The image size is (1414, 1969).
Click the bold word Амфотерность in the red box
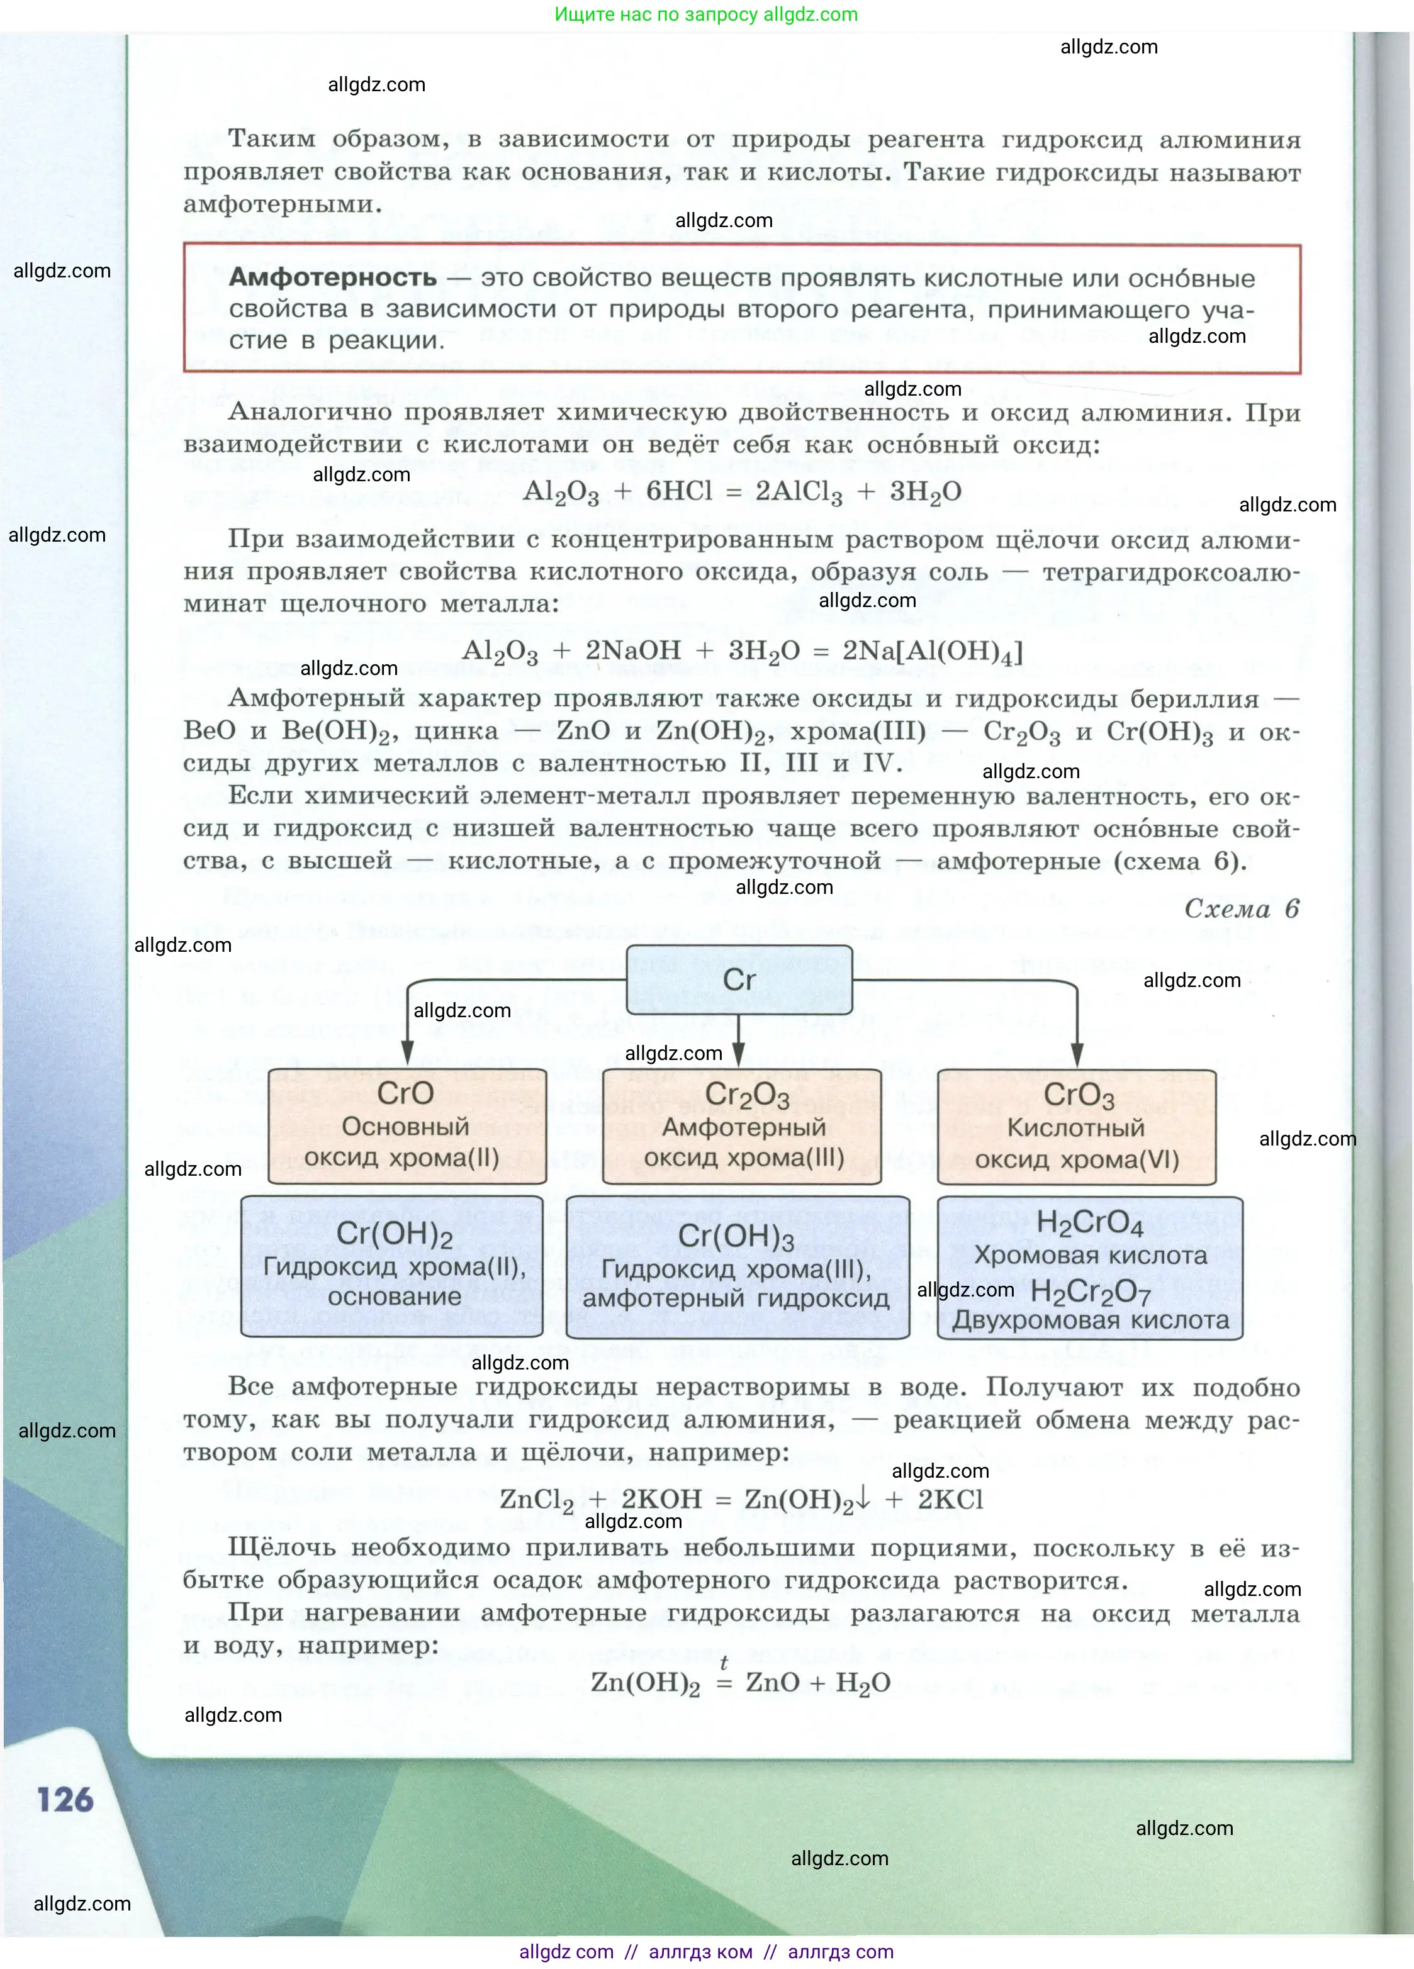(x=333, y=278)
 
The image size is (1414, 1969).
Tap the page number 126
(x=65, y=1799)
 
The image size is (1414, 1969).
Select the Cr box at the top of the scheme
(x=739, y=979)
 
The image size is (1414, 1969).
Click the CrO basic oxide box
(x=407, y=1125)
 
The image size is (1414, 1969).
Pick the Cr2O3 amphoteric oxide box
(x=743, y=1126)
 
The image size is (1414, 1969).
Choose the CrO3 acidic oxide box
(x=1076, y=1127)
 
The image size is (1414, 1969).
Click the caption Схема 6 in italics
(x=1241, y=909)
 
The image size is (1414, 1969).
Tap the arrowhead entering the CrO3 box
(x=1077, y=1054)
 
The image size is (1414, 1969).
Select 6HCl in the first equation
(x=678, y=491)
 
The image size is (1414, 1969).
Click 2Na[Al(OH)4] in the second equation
(x=932, y=650)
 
